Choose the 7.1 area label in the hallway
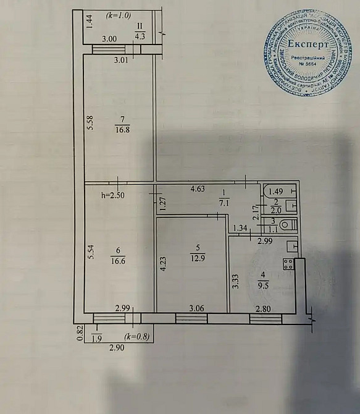pos(224,201)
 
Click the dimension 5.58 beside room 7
pos(90,124)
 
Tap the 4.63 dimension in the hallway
pos(198,188)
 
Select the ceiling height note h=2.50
pos(114,195)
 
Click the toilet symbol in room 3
pos(286,226)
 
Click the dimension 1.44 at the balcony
pos(89,23)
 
